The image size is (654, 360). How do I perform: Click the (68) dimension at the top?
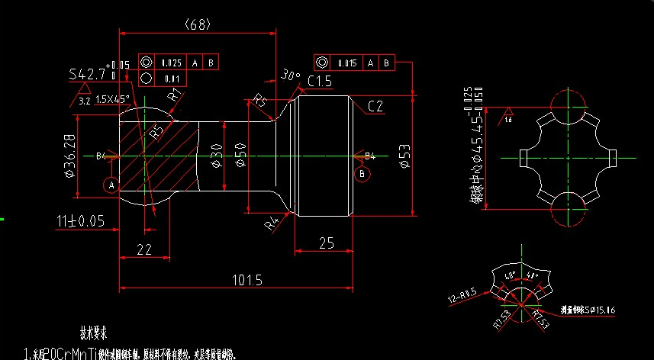tap(197, 24)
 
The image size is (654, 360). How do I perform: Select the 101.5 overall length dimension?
tap(246, 281)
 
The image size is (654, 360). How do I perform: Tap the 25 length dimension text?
tap(326, 243)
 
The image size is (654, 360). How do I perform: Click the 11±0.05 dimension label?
tap(81, 220)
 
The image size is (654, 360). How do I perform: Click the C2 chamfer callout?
tap(375, 107)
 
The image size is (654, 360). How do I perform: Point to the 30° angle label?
tap(290, 75)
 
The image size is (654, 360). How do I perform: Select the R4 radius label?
tap(271, 225)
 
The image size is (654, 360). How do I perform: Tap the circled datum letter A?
tap(111, 185)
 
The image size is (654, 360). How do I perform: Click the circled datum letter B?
tap(363, 175)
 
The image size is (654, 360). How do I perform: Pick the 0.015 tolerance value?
tap(347, 63)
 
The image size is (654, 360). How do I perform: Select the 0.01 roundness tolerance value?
tap(171, 78)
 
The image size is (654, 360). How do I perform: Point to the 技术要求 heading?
tap(94, 333)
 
